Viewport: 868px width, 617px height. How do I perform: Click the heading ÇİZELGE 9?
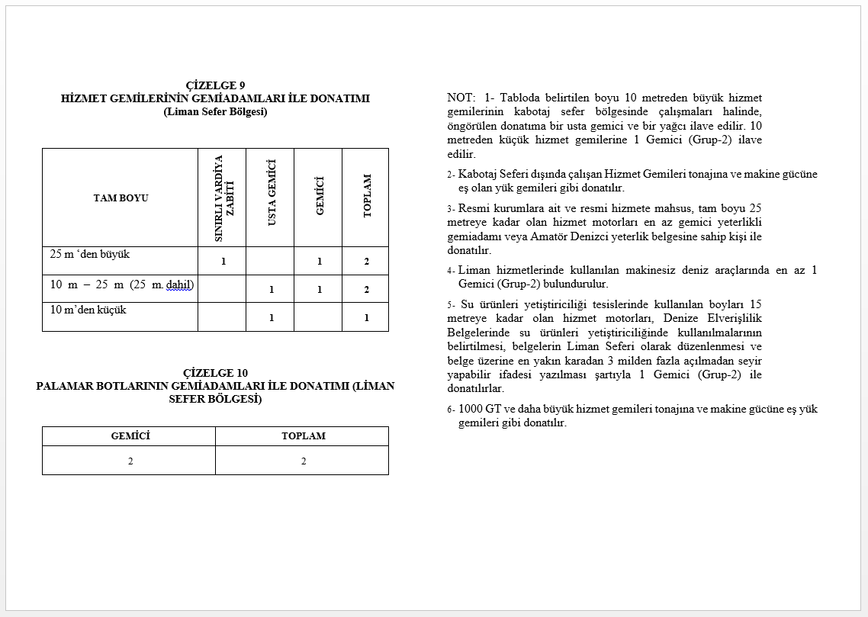[215, 85]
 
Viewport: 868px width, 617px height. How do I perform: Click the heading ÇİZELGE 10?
[215, 373]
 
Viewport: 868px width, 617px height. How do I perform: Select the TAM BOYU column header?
[121, 198]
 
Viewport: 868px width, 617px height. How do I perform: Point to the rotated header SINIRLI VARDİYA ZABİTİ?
[223, 198]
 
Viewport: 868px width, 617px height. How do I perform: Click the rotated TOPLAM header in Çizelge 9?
[367, 196]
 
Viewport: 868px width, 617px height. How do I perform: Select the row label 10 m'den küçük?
[88, 310]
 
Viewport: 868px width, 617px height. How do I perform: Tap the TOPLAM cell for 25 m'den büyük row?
[366, 262]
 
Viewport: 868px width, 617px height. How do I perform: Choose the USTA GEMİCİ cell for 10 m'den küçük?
[271, 317]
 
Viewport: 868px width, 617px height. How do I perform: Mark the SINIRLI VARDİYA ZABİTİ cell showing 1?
[223, 262]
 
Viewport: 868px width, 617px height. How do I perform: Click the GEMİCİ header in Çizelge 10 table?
[130, 436]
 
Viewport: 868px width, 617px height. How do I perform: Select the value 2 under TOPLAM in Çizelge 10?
[304, 461]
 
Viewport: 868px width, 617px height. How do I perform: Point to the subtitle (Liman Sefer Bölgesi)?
[215, 111]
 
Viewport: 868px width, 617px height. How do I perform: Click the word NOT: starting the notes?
[461, 98]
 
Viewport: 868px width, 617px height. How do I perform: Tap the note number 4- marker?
[452, 271]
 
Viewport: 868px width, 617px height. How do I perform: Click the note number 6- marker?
[452, 410]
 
